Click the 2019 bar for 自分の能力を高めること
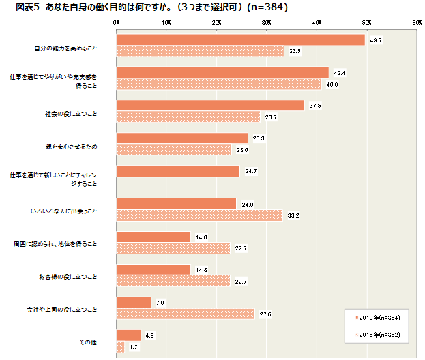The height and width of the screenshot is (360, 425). click(x=241, y=40)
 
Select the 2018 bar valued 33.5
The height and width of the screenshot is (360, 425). click(x=200, y=51)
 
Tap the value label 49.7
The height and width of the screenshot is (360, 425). click(x=375, y=40)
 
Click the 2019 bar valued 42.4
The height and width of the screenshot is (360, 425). click(x=222, y=73)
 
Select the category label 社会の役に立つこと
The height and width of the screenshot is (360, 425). click(x=72, y=112)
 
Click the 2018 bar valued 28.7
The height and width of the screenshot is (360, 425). click(x=188, y=117)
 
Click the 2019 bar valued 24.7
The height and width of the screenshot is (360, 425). click(x=178, y=171)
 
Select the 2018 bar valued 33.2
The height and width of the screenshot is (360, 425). click(x=199, y=215)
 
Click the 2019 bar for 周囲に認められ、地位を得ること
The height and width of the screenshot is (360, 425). click(x=153, y=237)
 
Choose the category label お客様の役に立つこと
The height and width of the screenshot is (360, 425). click(x=69, y=277)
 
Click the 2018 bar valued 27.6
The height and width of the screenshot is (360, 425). click(x=186, y=314)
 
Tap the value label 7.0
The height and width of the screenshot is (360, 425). click(x=161, y=302)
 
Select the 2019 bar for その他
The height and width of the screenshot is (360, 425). click(x=129, y=335)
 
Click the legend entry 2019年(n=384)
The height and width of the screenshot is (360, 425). click(x=379, y=318)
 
